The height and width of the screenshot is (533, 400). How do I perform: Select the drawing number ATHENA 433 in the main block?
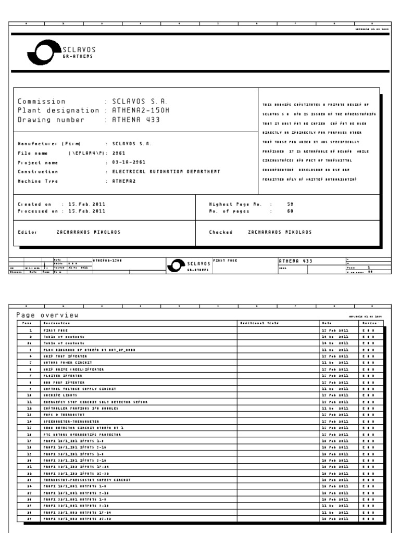tap(133, 119)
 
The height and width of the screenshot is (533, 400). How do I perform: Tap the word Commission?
tap(42, 101)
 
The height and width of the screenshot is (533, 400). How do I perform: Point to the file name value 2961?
tap(119, 153)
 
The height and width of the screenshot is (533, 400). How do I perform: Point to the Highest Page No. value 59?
tap(291, 205)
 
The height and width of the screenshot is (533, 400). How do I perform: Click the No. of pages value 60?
tap(291, 211)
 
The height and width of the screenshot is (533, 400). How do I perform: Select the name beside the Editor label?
tap(88, 232)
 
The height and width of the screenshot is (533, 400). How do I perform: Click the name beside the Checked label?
tap(280, 232)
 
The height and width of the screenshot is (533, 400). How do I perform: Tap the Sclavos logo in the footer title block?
tap(188, 265)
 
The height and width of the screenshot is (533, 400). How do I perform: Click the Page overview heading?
tap(47, 314)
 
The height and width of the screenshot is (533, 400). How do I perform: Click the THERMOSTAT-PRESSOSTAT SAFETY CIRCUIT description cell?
tap(86, 479)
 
